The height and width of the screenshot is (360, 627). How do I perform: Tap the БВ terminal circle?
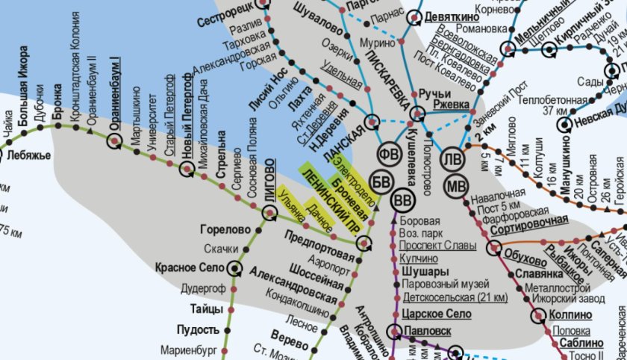pyautogui.click(x=381, y=183)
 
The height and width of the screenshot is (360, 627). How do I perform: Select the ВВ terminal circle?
pyautogui.click(x=402, y=200)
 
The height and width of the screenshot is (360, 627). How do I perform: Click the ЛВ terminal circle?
pyautogui.click(x=452, y=159)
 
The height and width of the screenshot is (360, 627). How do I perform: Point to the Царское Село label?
pyautogui.click(x=437, y=314)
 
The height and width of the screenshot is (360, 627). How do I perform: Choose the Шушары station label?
pyautogui.click(x=425, y=271)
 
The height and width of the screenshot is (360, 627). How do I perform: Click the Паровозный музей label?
pyautogui.click(x=444, y=285)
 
